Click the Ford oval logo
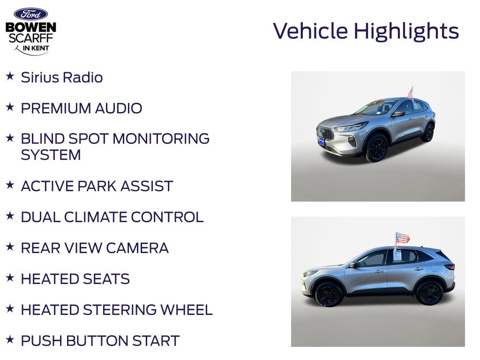pos(30,14)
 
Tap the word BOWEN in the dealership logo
pos(30,28)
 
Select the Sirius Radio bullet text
pos(62,77)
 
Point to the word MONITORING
pos(161,139)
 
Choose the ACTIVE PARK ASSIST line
pos(97,186)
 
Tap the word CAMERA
pos(137,248)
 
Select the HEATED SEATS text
pos(75,279)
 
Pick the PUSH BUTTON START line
pos(100,341)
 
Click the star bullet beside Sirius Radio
pos(10,76)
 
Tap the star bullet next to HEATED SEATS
pos(10,277)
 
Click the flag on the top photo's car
pos(410,92)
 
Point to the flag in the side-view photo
pos(402,238)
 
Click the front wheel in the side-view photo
pos(329,294)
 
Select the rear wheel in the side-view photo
pos(428,292)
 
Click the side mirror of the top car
pos(398,113)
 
